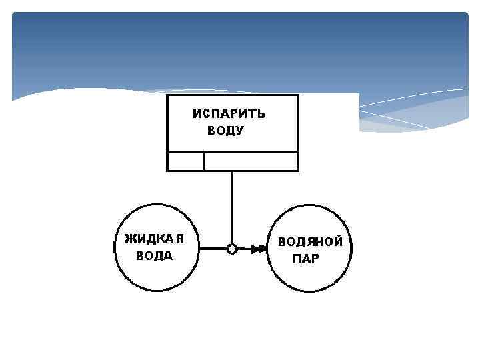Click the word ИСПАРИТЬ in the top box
pyautogui.click(x=229, y=113)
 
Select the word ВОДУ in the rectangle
pyautogui.click(x=225, y=131)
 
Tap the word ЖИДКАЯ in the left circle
pyautogui.click(x=154, y=239)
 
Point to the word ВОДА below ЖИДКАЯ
pyautogui.click(x=154, y=256)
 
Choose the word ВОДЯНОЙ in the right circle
pyautogui.click(x=311, y=242)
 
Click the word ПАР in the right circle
pyautogui.click(x=306, y=259)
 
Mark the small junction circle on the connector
pyautogui.click(x=232, y=249)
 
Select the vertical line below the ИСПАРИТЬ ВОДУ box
pyautogui.click(x=232, y=207)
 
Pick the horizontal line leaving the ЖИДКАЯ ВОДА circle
pyautogui.click(x=213, y=249)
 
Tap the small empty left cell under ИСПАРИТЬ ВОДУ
pyautogui.click(x=185, y=161)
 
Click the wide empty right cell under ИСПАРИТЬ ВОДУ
pyautogui.click(x=251, y=161)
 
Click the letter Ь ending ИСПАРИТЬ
pyautogui.click(x=261, y=113)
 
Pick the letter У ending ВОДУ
pyautogui.click(x=240, y=131)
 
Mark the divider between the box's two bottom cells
pyautogui.click(x=203, y=161)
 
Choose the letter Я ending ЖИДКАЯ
pyautogui.click(x=179, y=239)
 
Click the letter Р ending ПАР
pyautogui.click(x=315, y=259)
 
